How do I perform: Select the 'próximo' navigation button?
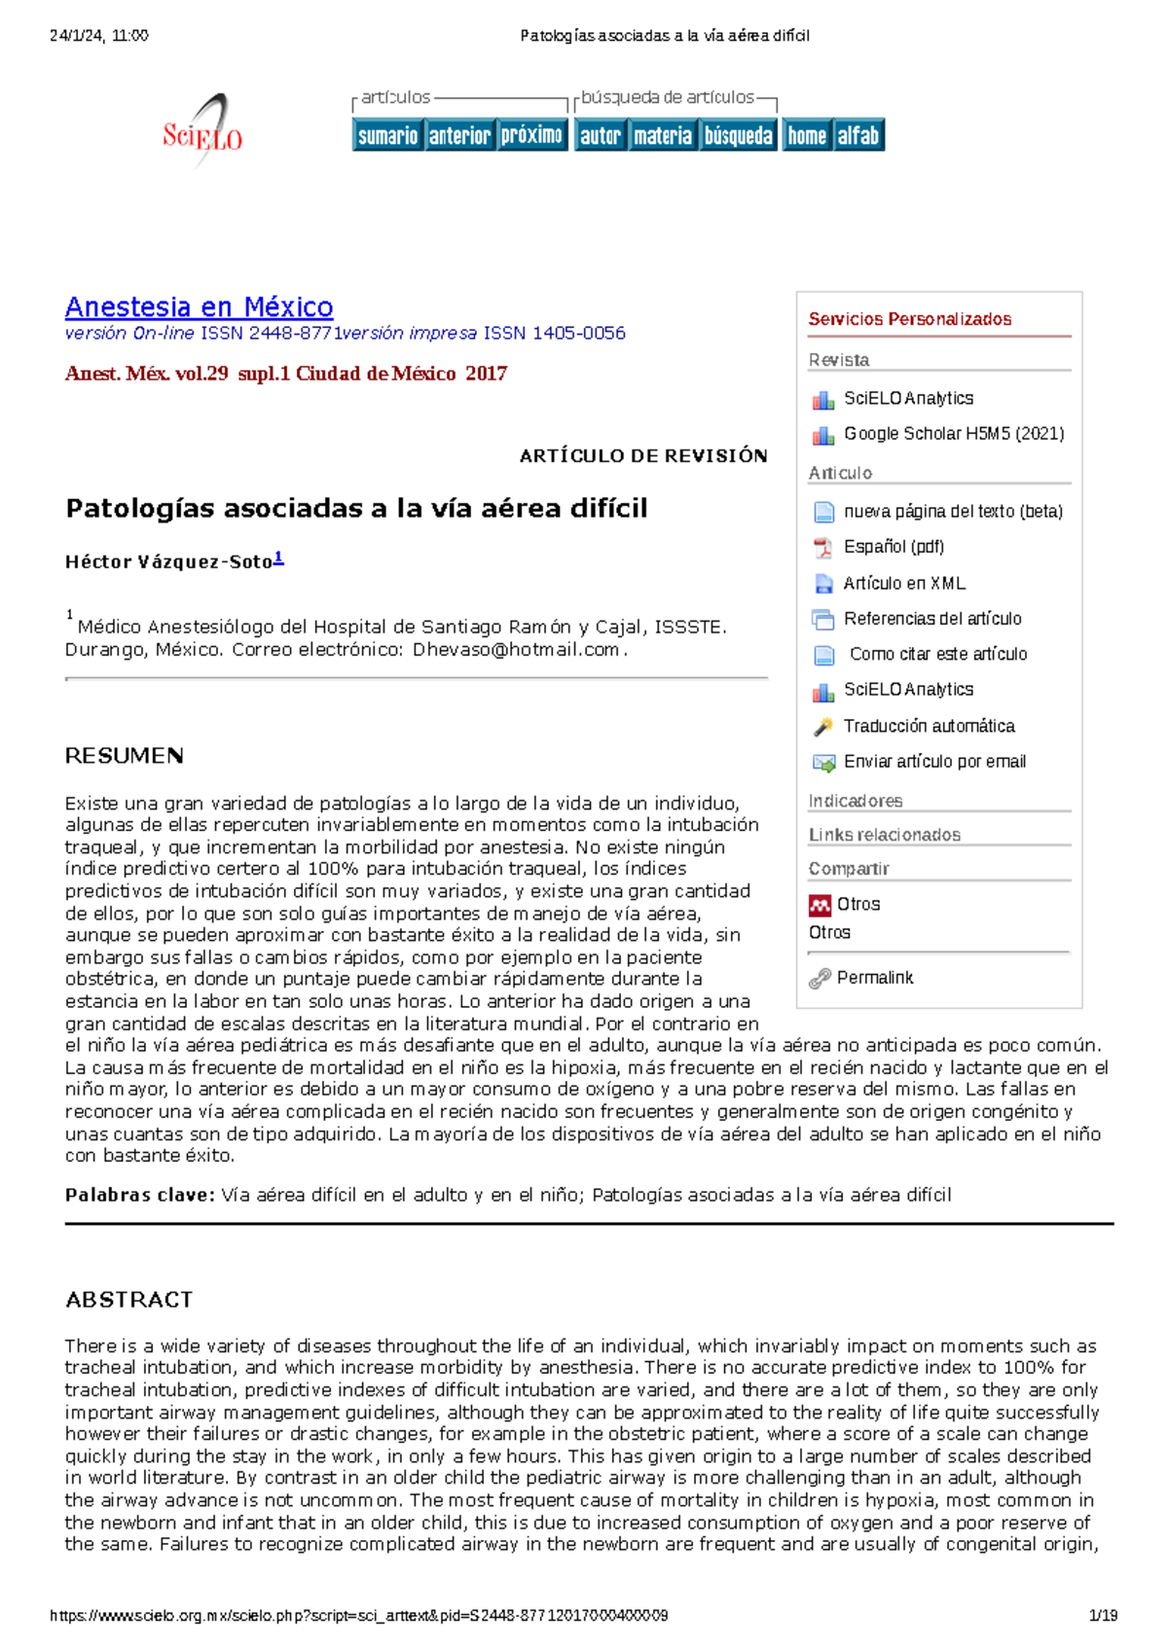click(531, 135)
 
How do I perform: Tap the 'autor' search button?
click(600, 135)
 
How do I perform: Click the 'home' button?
click(806, 135)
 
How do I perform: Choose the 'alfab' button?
click(858, 135)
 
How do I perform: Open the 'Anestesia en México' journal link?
click(199, 307)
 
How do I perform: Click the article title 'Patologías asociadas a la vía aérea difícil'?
click(356, 508)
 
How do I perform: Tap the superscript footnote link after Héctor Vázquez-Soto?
click(278, 557)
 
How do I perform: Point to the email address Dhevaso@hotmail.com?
click(516, 650)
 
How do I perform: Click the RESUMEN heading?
click(124, 756)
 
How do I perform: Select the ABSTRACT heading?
click(128, 1300)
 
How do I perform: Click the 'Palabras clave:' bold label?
click(139, 1195)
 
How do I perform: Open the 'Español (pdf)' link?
click(893, 547)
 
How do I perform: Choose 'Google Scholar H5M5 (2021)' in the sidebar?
click(953, 434)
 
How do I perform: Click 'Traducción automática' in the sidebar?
click(928, 726)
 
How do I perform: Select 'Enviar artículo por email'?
click(933, 762)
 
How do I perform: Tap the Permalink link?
click(874, 978)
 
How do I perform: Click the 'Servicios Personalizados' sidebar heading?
click(909, 319)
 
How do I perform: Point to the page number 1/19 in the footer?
click(1102, 1616)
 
